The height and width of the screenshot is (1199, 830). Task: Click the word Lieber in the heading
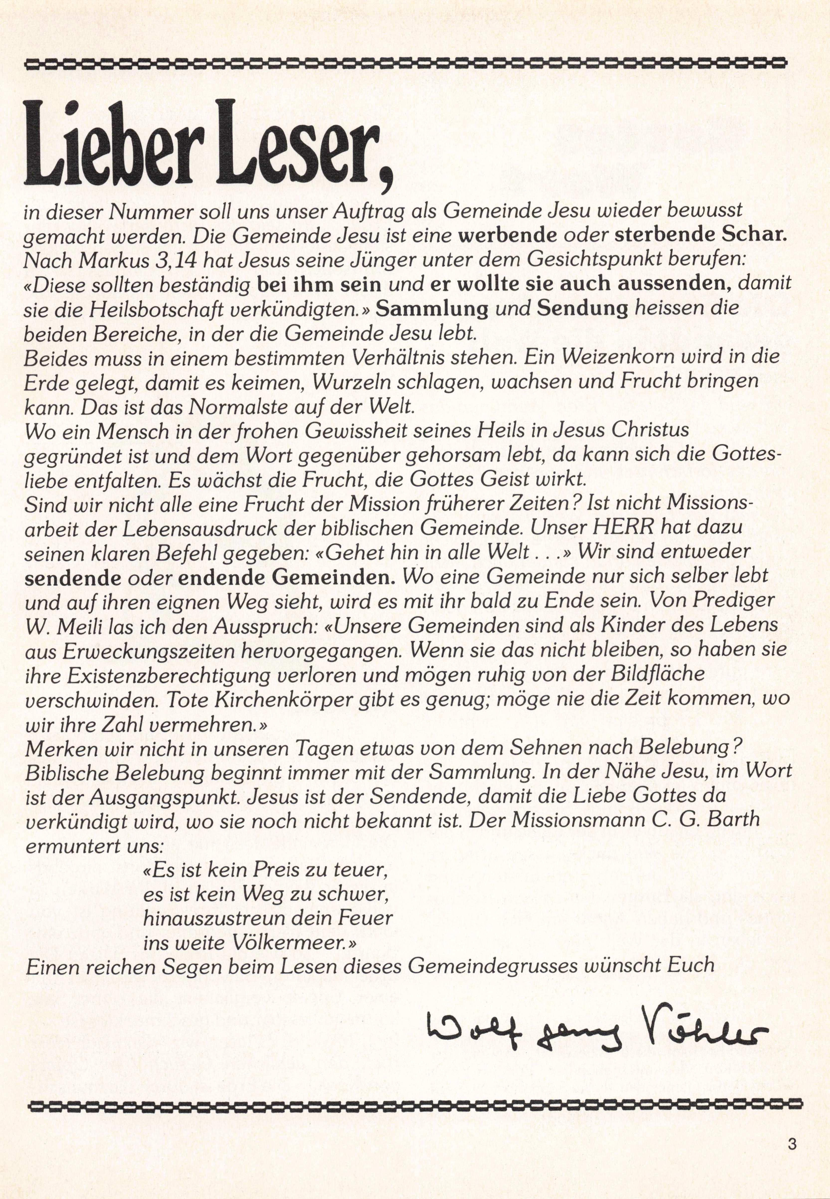pos(117,143)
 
